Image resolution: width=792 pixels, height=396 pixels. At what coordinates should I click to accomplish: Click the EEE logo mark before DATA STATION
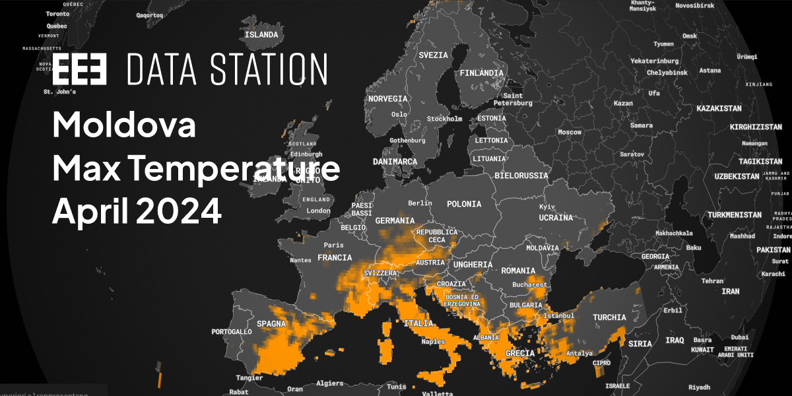click(x=79, y=69)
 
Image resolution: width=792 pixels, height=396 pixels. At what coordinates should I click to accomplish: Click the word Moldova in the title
click(x=124, y=125)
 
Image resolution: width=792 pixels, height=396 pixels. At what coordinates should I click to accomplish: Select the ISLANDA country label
click(x=261, y=35)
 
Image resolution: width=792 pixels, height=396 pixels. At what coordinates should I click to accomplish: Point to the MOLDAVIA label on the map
click(x=543, y=247)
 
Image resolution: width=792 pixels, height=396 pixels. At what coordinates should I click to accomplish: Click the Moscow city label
click(x=570, y=132)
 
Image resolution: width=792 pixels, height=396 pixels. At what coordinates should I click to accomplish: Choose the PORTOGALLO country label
click(x=232, y=331)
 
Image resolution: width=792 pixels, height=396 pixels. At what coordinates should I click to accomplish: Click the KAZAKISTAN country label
click(x=719, y=108)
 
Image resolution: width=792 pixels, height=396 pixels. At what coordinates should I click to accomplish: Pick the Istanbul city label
click(x=559, y=315)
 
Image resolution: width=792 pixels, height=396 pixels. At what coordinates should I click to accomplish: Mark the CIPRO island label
click(x=601, y=363)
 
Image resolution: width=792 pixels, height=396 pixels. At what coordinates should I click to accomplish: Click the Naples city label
click(x=434, y=341)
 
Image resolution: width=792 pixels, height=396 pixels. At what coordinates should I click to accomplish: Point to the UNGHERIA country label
click(x=473, y=265)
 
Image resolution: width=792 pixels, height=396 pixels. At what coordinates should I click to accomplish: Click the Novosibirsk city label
click(x=696, y=5)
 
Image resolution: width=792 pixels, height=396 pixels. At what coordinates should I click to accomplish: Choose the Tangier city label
click(x=249, y=378)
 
